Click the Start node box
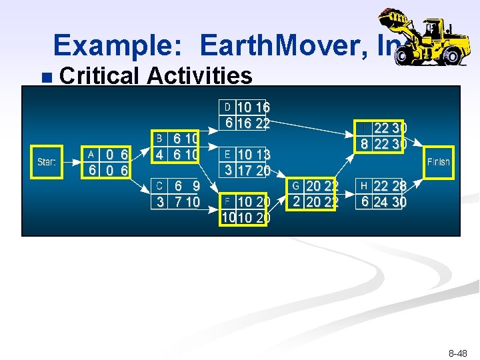click(x=47, y=162)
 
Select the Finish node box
click(x=438, y=162)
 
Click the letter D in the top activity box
click(x=227, y=107)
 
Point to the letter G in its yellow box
click(x=295, y=186)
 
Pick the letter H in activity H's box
click(x=363, y=186)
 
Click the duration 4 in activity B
click(x=160, y=154)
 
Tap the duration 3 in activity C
click(x=160, y=201)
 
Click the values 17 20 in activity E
click(x=253, y=171)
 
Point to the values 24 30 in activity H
click(x=389, y=201)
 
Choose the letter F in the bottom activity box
click(x=227, y=201)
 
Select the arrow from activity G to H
click(x=347, y=193)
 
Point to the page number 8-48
click(x=457, y=353)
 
